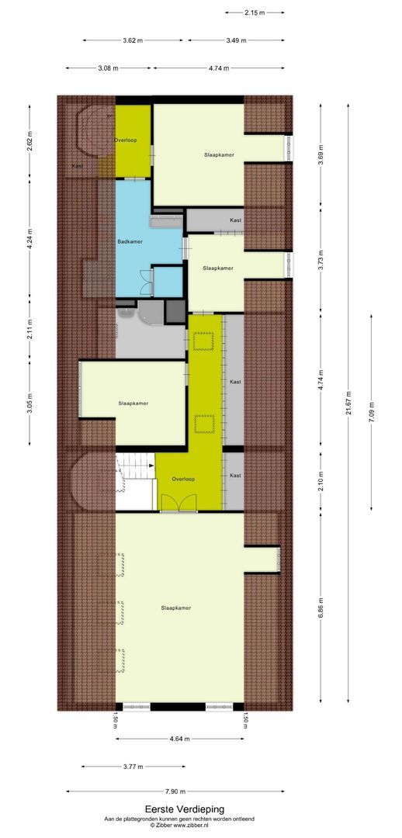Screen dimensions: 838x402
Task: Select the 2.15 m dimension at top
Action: point(255,12)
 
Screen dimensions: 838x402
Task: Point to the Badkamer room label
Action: point(129,242)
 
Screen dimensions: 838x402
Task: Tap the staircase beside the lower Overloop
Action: point(133,479)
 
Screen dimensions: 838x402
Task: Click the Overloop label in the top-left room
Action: point(126,140)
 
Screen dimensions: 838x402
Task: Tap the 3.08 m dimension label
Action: point(108,68)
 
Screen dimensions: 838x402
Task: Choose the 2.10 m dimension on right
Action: point(321,480)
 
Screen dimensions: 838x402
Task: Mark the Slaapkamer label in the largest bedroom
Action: point(175,608)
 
